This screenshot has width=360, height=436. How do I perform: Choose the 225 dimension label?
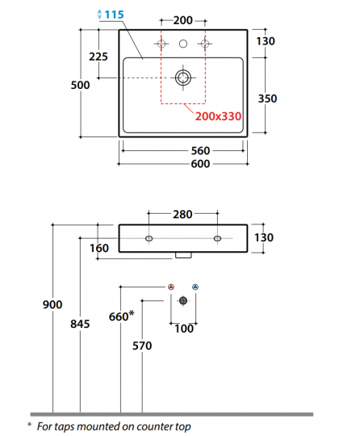pyautogui.click(x=98, y=57)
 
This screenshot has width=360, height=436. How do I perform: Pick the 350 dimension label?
pyautogui.click(x=266, y=99)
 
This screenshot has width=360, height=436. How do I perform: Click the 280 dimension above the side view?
pyautogui.click(x=183, y=214)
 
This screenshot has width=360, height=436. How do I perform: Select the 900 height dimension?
pyautogui.click(x=52, y=304)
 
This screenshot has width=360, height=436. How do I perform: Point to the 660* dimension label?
pyautogui.click(x=120, y=317)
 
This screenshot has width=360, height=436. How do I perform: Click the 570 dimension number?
pyautogui.click(x=141, y=346)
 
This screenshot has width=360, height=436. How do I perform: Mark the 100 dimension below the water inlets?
pyautogui.click(x=183, y=329)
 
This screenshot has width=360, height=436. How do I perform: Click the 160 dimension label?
pyautogui.click(x=101, y=248)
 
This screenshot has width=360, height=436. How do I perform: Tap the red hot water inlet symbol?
pyautogui.click(x=171, y=287)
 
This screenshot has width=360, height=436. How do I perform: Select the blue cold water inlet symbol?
pyautogui.click(x=196, y=287)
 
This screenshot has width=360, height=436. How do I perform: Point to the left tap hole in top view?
pyautogui.click(x=161, y=43)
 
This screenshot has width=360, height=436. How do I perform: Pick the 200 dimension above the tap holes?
pyautogui.click(x=183, y=19)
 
